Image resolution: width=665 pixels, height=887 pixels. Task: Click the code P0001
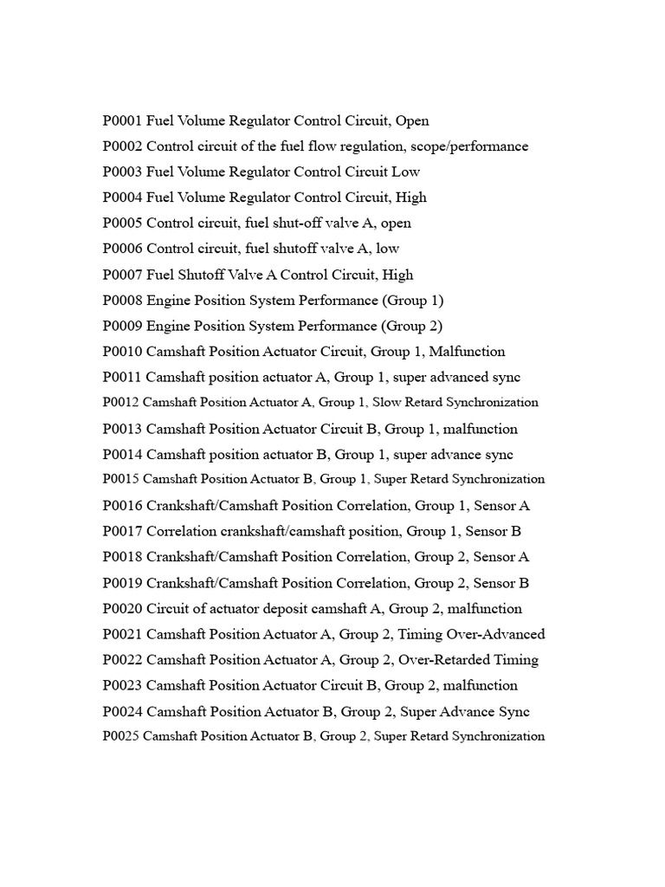[122, 120]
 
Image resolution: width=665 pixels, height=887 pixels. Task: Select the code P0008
[122, 301]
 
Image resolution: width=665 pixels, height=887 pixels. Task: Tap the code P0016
[122, 505]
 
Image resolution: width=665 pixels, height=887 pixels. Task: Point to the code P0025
[120, 736]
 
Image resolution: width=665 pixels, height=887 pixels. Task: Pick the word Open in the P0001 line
[411, 120]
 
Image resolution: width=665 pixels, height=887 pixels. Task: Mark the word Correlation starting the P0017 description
[184, 531]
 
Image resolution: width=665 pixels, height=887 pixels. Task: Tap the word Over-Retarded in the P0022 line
[442, 660]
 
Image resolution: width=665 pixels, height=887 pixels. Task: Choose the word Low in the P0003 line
[406, 172]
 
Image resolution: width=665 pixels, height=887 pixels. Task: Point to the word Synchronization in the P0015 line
[497, 479]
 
